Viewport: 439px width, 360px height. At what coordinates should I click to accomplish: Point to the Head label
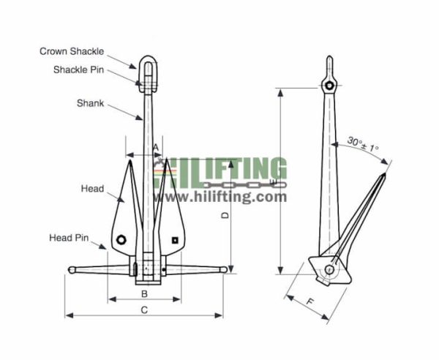point(92,189)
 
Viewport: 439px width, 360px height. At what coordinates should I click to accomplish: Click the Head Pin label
point(69,238)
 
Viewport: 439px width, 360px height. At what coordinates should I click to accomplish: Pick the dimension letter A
point(156,148)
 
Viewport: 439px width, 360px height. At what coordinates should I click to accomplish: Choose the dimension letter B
point(145,293)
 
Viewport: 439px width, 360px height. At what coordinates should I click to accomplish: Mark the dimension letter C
point(145,310)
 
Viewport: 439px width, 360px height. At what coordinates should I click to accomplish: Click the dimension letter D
point(226,215)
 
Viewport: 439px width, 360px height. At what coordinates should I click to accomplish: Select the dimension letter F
point(311,301)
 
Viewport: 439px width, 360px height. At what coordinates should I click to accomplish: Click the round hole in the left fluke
point(123,239)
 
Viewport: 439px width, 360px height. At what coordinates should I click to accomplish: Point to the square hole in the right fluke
point(175,239)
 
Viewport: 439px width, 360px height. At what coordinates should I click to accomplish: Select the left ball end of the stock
point(72,270)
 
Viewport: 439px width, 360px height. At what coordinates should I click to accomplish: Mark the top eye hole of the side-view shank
point(331,87)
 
